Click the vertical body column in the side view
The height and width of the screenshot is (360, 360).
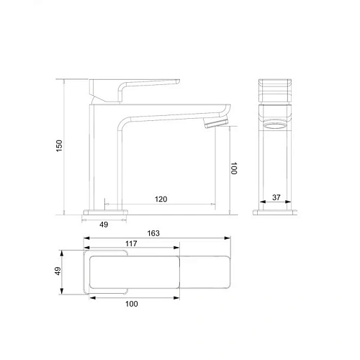pos(101,155)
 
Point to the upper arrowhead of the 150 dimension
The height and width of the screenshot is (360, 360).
pos(66,81)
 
